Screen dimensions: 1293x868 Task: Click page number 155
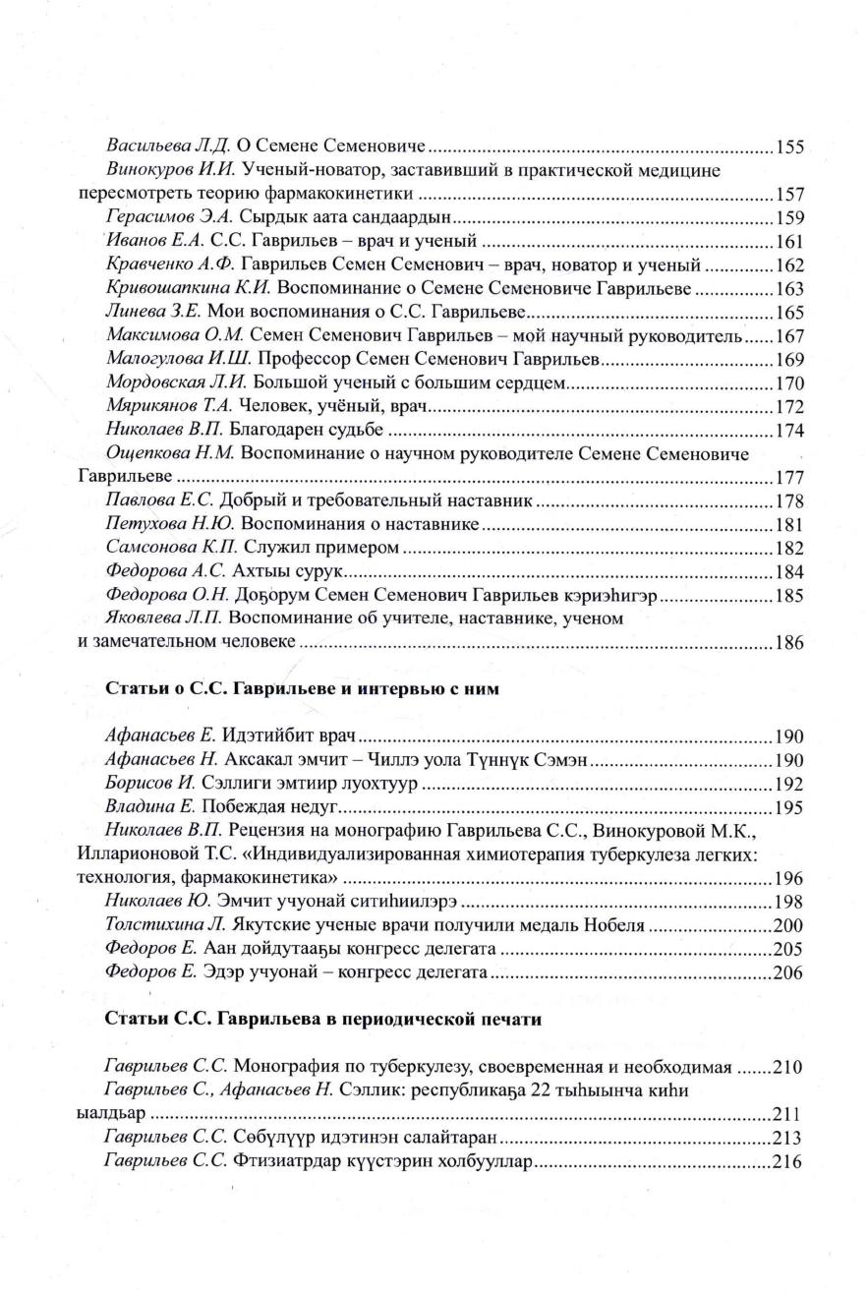tap(790, 148)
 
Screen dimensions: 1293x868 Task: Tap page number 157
tap(790, 195)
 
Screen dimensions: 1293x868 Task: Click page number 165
tap(790, 313)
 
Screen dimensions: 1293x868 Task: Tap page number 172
tap(790, 407)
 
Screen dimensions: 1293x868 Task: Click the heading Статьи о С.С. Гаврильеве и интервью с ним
tap(303, 689)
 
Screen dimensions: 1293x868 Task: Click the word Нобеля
tap(617, 925)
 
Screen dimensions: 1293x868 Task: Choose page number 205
tap(790, 949)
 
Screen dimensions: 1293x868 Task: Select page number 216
tap(790, 1161)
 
